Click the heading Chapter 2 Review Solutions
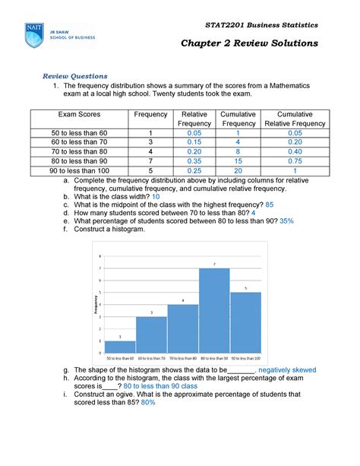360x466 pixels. click(x=248, y=43)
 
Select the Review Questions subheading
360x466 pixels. click(x=74, y=76)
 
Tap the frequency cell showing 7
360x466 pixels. click(x=151, y=161)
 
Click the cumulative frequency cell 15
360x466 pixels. click(x=238, y=161)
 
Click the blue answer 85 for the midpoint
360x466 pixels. click(x=270, y=205)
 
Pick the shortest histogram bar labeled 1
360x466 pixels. click(x=120, y=347)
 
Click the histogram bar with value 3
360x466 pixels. click(x=151, y=334)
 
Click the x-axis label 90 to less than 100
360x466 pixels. click(x=245, y=357)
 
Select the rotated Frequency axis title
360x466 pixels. click(x=95, y=304)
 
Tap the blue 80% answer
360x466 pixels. click(x=147, y=403)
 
